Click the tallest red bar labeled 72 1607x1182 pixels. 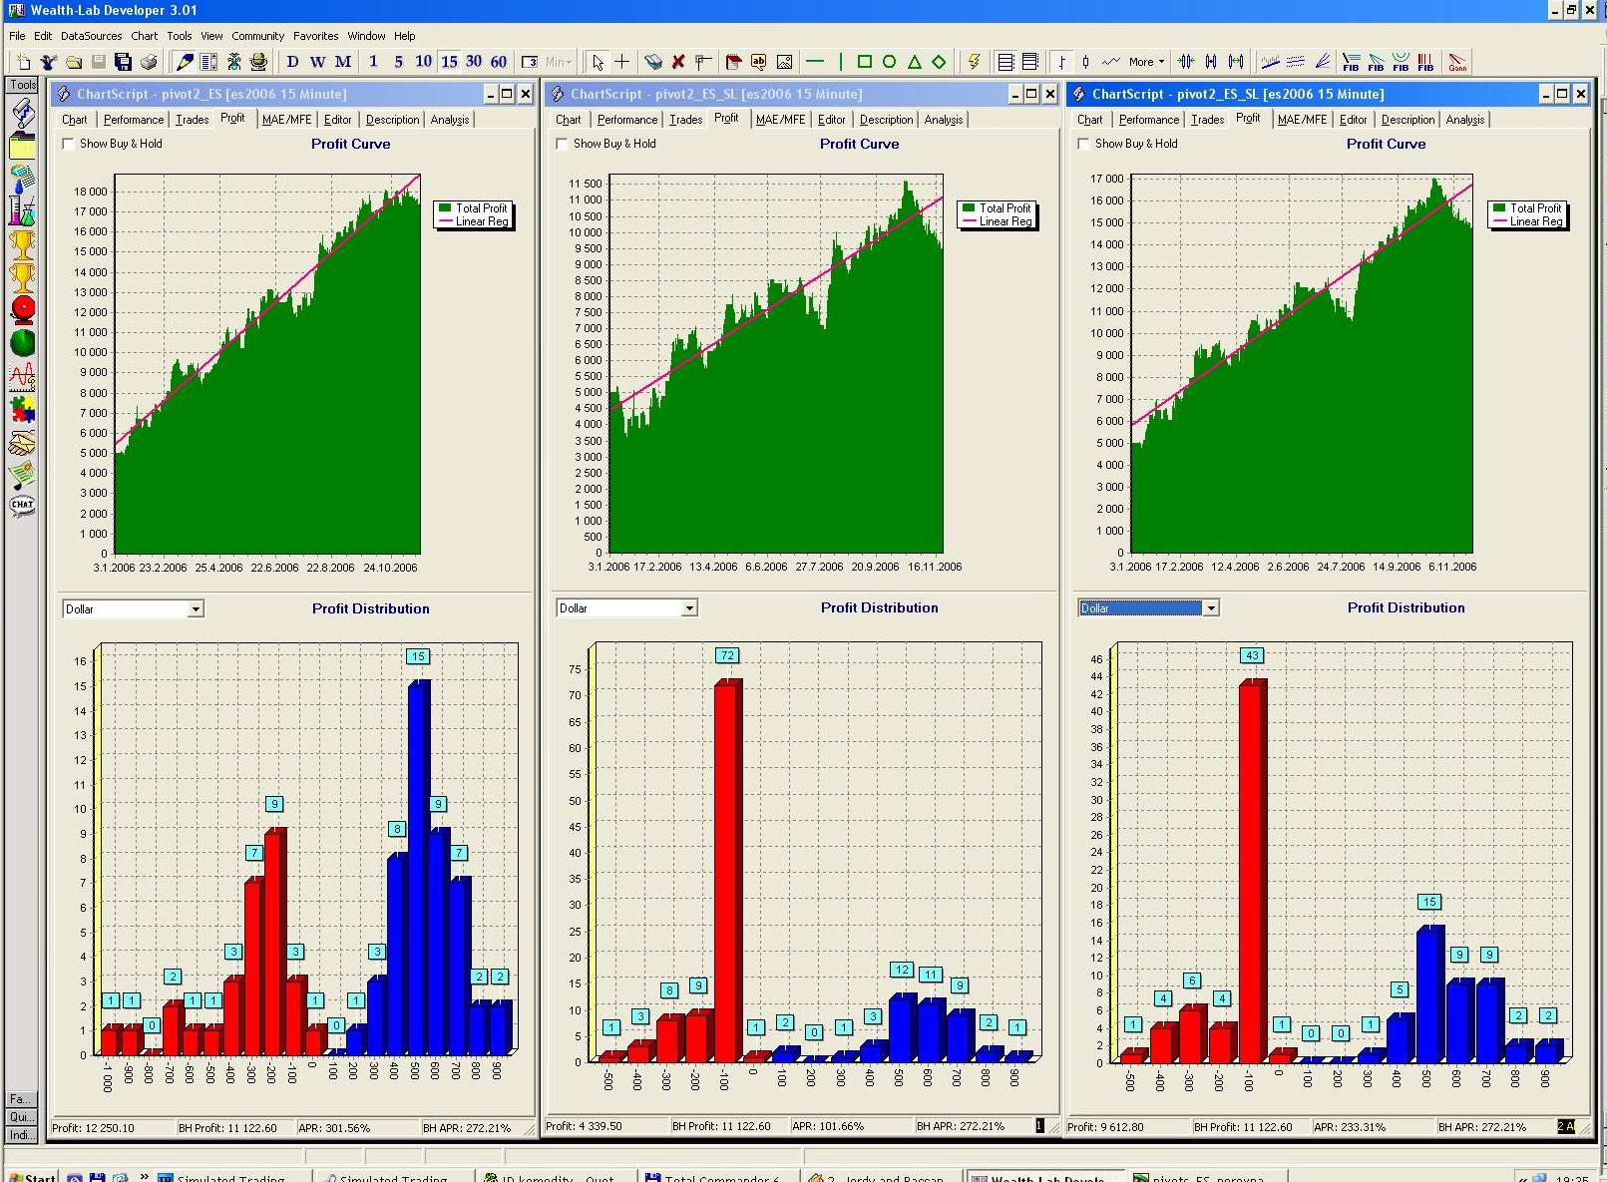728,868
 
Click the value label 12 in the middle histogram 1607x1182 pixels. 901,970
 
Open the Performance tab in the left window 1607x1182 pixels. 134,120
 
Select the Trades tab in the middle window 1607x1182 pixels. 685,120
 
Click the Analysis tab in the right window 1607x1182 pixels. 1464,120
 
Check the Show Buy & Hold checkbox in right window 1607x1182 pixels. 1083,144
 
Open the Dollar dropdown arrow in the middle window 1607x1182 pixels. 689,608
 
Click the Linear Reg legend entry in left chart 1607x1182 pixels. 482,221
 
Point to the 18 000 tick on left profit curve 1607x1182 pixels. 91,192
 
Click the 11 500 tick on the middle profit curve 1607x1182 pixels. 586,184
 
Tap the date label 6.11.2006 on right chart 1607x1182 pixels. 1452,567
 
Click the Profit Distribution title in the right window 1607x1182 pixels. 1406,607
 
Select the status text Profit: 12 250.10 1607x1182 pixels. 93,1128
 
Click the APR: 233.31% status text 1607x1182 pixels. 1349,1127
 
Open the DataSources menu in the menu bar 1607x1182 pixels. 91,36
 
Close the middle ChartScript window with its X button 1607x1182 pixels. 1049,94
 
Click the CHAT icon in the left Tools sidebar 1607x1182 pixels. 22,505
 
